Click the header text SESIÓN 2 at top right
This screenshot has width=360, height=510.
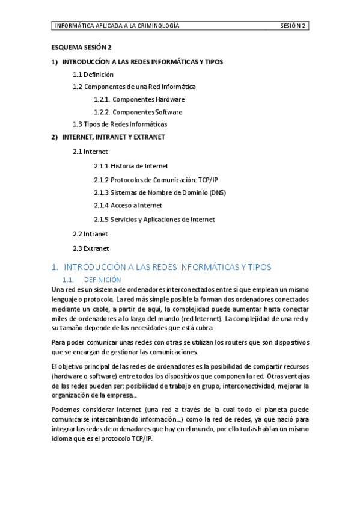293,26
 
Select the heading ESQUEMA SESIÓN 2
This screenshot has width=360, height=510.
81,47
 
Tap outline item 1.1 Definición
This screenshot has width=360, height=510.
93,75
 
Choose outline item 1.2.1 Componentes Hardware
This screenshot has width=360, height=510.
139,99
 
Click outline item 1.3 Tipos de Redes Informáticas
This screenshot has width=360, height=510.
120,124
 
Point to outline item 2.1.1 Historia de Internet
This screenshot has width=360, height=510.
131,166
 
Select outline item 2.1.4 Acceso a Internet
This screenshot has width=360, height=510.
128,206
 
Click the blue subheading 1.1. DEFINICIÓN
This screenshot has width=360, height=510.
91,280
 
